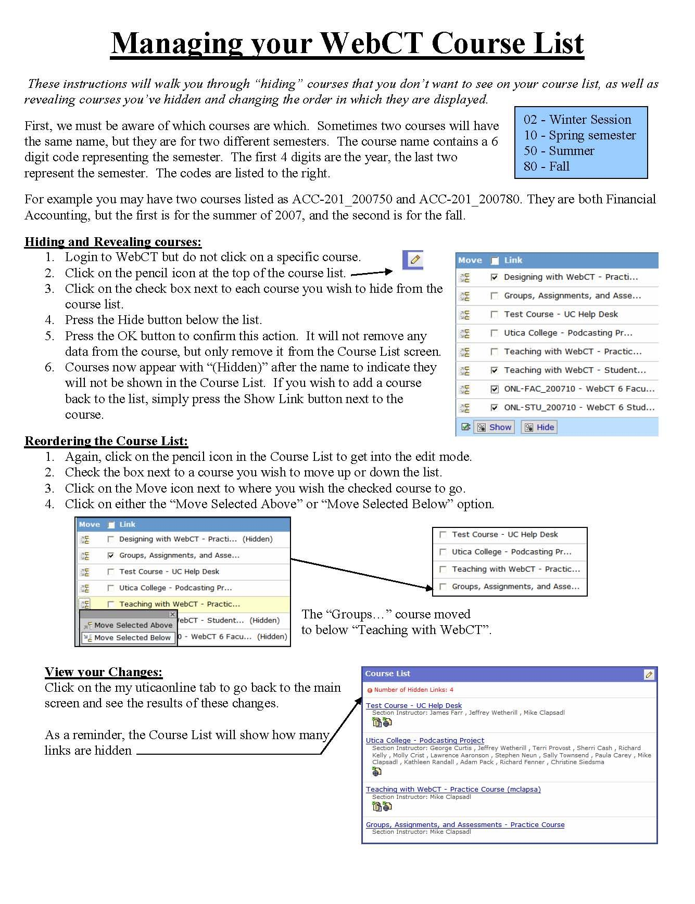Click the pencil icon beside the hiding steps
coord(415,259)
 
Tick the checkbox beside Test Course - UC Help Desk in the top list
coord(494,314)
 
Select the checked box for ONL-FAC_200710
coord(494,389)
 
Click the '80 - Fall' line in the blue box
coord(547,166)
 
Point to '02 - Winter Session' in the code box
coord(577,120)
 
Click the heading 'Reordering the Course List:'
coord(106,441)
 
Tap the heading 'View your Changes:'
coord(104,672)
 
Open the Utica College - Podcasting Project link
coord(425,740)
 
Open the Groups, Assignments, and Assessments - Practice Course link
coord(465,824)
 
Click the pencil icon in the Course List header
coord(649,675)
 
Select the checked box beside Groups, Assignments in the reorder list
coord(110,556)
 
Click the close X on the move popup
coord(172,614)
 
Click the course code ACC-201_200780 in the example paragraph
coord(469,199)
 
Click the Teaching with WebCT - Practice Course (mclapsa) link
coord(453,789)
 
